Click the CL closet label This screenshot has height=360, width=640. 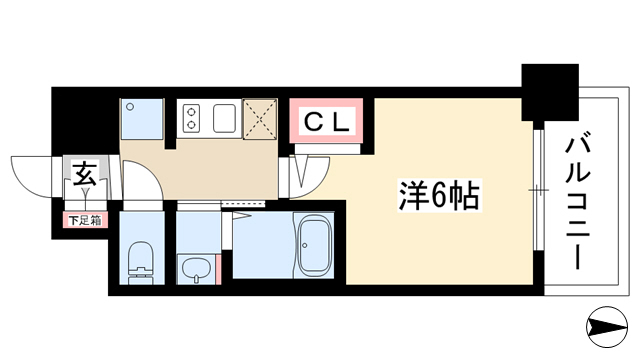click(327, 122)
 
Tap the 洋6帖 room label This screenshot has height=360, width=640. click(439, 195)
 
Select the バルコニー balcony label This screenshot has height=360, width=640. click(578, 203)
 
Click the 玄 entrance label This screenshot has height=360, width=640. click(85, 173)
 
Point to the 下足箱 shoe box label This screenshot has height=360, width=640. click(85, 221)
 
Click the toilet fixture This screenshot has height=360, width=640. click(141, 262)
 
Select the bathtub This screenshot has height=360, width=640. click(313, 245)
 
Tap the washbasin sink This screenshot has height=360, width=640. click(196, 269)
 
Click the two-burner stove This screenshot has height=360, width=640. click(191, 118)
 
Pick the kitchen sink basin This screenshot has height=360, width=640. click(224, 118)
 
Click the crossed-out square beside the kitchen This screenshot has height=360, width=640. click(260, 119)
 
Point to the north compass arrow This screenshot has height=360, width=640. click(607, 327)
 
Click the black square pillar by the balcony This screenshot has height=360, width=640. click(550, 92)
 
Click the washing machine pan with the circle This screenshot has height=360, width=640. click(142, 118)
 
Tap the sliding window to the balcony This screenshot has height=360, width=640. click(539, 190)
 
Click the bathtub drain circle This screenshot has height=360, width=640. click(304, 245)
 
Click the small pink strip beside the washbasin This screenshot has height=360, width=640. click(218, 269)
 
